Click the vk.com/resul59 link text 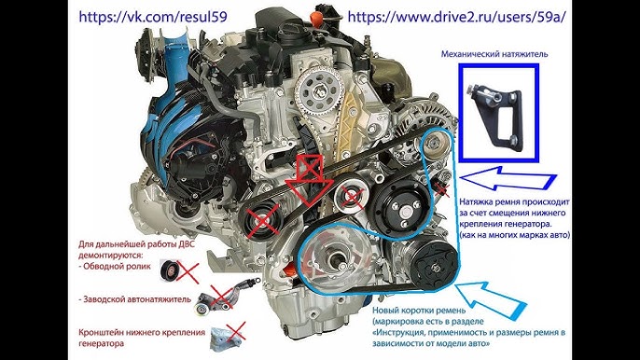[153, 17]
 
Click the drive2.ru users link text [457, 17]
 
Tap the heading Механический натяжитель [494, 54]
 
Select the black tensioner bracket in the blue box [496, 116]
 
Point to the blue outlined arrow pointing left [508, 178]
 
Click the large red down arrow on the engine [310, 180]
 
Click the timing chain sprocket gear [317, 92]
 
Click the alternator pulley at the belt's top [433, 143]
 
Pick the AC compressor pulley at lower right [434, 267]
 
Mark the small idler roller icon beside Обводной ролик [170, 270]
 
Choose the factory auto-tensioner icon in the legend [225, 298]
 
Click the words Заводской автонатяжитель [134, 299]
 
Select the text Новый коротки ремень [419, 311]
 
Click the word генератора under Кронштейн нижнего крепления [101, 343]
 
